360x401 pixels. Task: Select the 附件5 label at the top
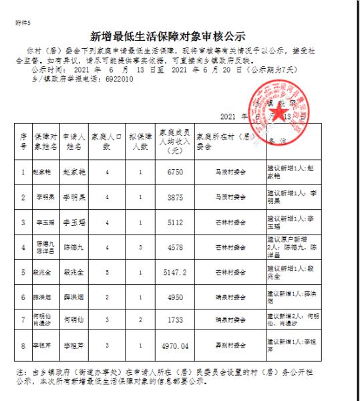coord(22,22)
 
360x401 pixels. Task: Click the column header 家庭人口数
coord(107,144)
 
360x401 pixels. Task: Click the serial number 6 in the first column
coord(23,297)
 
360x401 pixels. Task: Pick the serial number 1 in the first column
coord(23,171)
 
